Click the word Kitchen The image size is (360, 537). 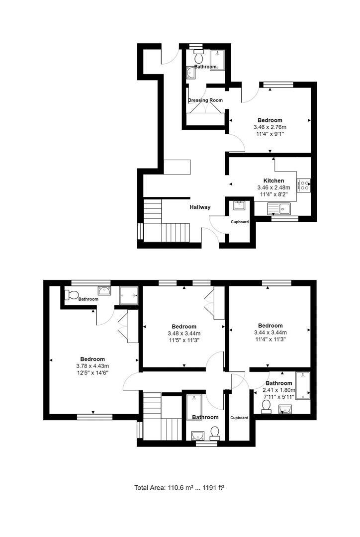273,180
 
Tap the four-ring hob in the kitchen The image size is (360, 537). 304,185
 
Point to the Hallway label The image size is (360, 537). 200,207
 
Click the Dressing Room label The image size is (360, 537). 205,100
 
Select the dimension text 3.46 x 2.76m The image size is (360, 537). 270,127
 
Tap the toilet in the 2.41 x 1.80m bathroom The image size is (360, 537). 266,407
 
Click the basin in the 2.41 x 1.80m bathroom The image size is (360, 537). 284,409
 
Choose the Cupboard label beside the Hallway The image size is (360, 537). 239,222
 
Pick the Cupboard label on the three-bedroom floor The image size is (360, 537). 239,418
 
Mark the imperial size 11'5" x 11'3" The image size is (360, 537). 184,340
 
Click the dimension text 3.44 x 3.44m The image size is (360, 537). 270,333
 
